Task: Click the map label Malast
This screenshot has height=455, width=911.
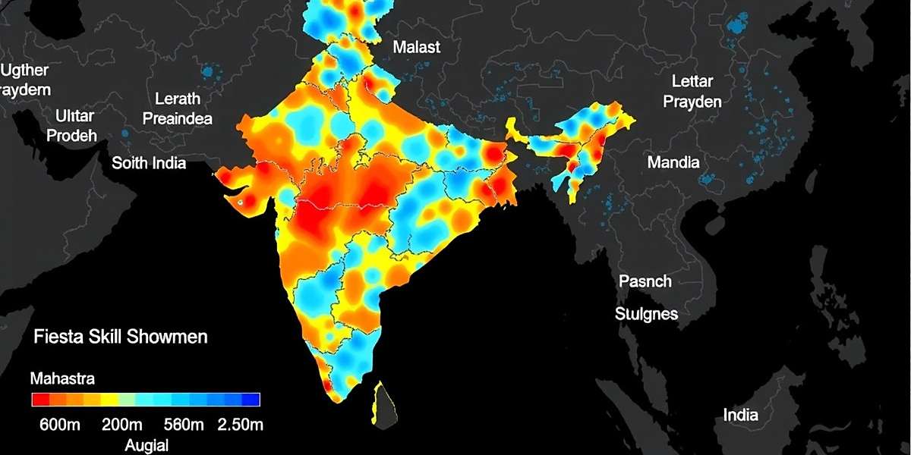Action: tap(416, 47)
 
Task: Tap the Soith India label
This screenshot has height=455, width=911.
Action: tap(149, 163)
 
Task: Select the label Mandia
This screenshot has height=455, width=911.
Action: tap(673, 162)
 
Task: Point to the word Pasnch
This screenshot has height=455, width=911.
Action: tap(645, 281)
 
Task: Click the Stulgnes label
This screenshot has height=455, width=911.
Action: tap(646, 313)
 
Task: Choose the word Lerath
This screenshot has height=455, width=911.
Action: tap(178, 99)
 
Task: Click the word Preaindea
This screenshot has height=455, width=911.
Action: tap(178, 119)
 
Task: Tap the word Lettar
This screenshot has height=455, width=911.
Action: tap(692, 82)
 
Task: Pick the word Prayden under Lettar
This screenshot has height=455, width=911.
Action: tap(692, 102)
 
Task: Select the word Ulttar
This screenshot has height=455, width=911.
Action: tap(75, 116)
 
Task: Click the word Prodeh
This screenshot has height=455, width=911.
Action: tap(72, 136)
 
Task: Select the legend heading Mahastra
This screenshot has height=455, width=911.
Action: tap(61, 378)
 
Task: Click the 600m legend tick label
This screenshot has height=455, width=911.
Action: tap(59, 425)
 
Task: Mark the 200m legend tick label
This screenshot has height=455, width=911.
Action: tap(121, 425)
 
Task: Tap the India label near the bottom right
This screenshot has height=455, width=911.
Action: tap(740, 415)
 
